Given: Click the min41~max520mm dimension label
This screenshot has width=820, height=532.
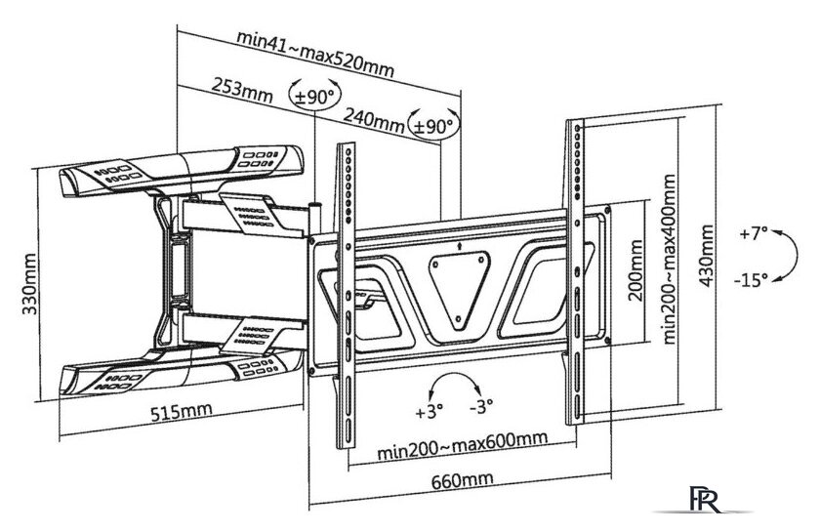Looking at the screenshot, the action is point(314,54).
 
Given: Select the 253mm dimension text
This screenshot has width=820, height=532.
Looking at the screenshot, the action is point(242,91).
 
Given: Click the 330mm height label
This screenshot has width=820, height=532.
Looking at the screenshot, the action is point(28,284).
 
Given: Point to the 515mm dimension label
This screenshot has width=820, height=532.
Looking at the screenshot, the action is point(182,411).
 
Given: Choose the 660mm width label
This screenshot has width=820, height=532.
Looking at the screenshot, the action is point(463,478).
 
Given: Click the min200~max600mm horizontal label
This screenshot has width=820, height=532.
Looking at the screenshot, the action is point(463,446).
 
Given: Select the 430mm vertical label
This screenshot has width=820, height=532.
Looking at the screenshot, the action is point(707,256).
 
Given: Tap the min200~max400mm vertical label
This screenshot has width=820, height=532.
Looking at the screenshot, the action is point(669,259).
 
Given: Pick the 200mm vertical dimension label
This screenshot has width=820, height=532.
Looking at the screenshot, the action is point(635,270).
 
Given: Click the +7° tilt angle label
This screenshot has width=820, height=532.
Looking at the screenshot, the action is point(753,232).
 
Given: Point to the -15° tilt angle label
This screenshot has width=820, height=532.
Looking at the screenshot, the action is point(751,280).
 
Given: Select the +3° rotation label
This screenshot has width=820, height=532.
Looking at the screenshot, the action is point(429,412).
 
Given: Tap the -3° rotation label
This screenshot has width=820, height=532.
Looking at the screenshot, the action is point(481,406).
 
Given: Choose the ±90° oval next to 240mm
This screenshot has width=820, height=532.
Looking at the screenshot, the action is point(433,126).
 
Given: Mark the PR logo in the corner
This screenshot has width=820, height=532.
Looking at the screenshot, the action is point(705,500).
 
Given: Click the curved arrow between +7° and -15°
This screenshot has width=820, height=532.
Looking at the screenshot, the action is point(796,256).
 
